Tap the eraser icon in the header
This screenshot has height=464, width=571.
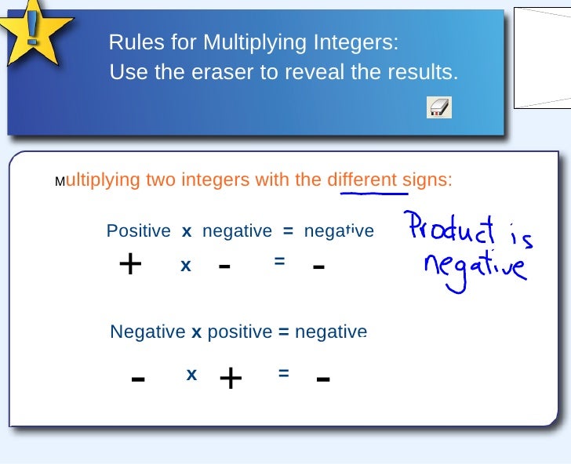[x=439, y=107]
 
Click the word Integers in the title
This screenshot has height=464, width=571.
[x=357, y=42]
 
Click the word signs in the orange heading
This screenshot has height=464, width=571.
[x=427, y=180]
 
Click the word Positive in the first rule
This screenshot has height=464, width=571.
[x=138, y=231]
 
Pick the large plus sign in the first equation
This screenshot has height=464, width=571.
[x=129, y=265]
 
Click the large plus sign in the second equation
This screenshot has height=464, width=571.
[x=231, y=379]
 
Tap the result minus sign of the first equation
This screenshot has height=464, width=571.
[x=318, y=267]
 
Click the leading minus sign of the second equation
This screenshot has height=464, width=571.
[x=138, y=380]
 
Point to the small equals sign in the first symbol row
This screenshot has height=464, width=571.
[x=279, y=262]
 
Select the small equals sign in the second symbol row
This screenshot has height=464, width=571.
[x=283, y=375]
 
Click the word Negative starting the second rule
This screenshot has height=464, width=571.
[x=147, y=332]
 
